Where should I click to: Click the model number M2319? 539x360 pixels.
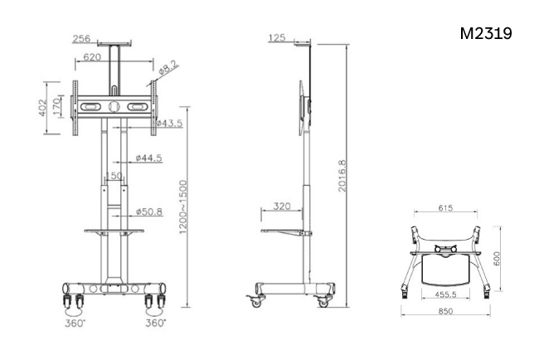point(486,33)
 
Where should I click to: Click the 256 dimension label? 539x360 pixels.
point(81,38)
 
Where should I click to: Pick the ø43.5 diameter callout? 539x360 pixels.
point(169,123)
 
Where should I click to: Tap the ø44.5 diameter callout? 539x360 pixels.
point(148,158)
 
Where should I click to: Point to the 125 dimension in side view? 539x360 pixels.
point(278,37)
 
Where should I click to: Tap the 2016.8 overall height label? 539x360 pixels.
point(342,176)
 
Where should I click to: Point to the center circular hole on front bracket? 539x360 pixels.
point(114,106)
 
